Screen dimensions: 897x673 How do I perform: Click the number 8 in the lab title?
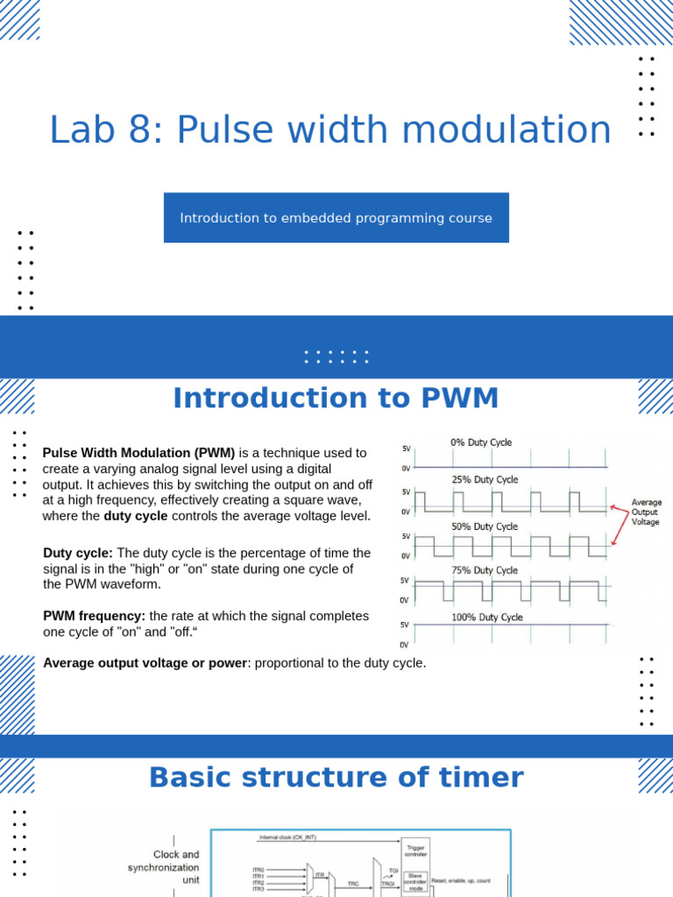point(143,131)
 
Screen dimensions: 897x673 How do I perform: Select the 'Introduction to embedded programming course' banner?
point(336,218)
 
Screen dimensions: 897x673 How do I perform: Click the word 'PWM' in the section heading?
point(460,399)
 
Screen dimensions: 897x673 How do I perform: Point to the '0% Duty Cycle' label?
point(481,442)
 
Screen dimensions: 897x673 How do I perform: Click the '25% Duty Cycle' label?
point(485,480)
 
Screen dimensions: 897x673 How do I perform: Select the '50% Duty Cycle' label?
point(485,526)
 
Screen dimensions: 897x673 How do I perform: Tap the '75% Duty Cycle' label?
point(485,570)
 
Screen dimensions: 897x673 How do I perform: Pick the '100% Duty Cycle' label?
point(486,618)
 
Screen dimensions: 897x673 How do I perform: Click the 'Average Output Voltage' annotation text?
point(646,512)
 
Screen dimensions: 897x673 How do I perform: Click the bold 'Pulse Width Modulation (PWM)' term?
point(138,453)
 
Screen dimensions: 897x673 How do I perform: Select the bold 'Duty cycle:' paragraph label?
point(78,553)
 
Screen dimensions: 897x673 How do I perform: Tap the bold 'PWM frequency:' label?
point(95,616)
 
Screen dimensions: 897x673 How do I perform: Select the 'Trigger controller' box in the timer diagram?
point(415,849)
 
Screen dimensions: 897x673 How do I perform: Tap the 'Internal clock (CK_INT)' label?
point(287,837)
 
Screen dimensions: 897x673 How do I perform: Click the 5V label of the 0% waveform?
point(406,448)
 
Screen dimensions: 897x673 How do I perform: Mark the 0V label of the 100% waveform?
point(405,645)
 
